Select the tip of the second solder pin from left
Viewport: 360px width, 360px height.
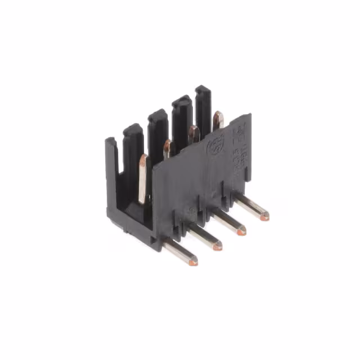(x=217, y=245)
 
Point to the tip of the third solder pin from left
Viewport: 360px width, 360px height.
(x=241, y=230)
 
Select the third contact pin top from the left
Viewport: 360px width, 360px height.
(x=193, y=134)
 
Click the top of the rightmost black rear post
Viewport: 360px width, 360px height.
(x=203, y=89)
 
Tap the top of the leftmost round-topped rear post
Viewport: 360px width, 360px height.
(x=133, y=130)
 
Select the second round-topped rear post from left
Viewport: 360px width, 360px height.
(x=157, y=115)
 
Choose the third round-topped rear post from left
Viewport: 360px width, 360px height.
(x=181, y=102)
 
